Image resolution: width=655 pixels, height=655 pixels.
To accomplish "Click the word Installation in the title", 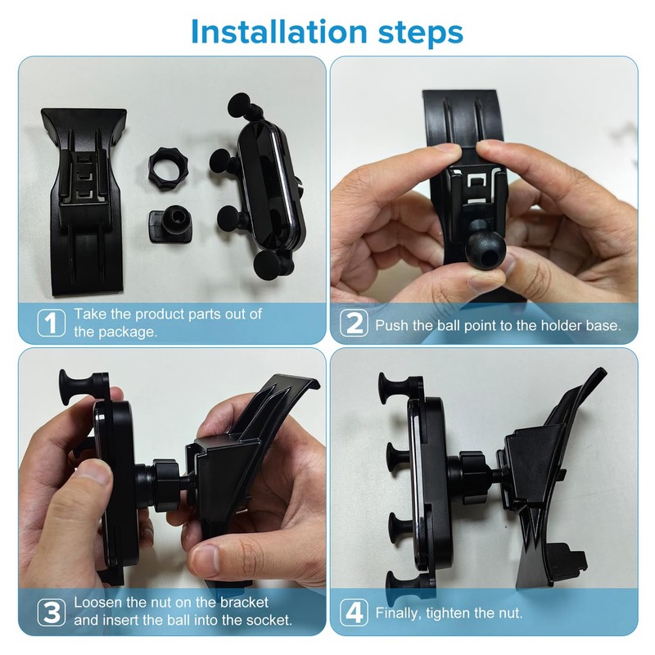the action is click(279, 32).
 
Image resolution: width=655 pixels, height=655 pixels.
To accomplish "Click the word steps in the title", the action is click(421, 34).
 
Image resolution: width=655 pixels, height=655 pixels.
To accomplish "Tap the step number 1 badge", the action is click(52, 323).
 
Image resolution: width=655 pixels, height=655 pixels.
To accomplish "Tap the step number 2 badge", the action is click(354, 323).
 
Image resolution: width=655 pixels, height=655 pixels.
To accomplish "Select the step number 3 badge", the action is click(52, 612).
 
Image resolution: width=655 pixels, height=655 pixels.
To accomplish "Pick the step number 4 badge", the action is click(354, 612).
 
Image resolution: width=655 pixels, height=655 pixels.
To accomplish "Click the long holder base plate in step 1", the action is click(84, 201).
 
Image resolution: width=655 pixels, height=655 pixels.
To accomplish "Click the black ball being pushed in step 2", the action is click(486, 246).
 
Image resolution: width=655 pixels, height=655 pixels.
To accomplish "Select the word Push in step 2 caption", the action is click(391, 325).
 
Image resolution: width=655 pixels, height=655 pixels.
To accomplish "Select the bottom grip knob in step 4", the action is click(397, 585).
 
